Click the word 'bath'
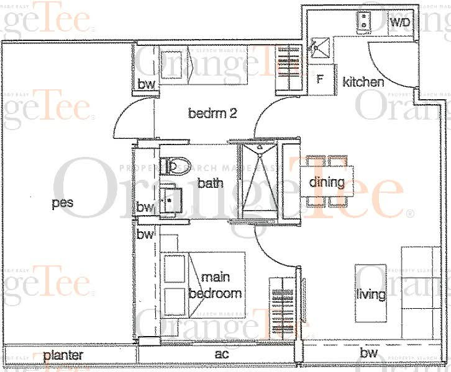210,183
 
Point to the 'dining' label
326,182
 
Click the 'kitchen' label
363,82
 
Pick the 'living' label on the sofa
370,294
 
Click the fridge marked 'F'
321,80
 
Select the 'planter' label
63,355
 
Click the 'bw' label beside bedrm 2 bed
146,84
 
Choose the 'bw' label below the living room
368,353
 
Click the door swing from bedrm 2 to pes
127,122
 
